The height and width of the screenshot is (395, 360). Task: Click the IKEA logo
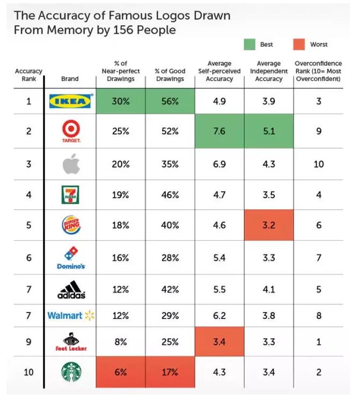tap(71, 101)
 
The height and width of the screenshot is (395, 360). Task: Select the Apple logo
tap(70, 164)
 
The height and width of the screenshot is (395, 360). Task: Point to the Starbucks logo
tap(71, 373)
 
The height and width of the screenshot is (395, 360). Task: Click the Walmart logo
tap(70, 316)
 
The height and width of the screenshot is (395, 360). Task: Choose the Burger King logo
tap(70, 225)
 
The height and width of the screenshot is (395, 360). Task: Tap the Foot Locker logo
tap(70, 341)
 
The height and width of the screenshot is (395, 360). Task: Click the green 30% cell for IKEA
tap(120, 101)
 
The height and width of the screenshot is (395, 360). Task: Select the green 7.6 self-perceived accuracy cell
tap(219, 131)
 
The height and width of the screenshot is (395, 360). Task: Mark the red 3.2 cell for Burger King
tap(269, 225)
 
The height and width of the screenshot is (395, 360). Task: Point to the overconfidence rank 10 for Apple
tap(318, 164)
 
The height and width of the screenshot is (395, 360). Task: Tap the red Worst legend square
tap(300, 44)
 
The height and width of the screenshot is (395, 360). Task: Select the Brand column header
tap(70, 79)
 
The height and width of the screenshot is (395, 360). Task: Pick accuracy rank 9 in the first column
tap(28, 342)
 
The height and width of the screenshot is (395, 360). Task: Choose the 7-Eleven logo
tap(70, 195)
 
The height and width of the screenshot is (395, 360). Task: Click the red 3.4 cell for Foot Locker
tap(219, 342)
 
